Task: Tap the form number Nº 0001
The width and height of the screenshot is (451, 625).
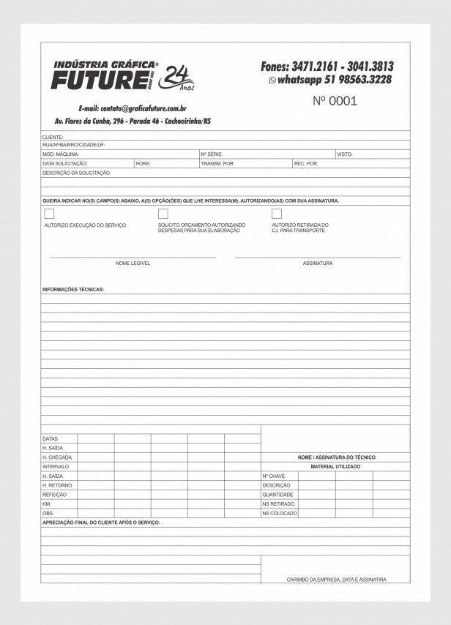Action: click(335, 101)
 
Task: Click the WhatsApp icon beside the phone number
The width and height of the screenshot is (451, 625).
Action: click(272, 81)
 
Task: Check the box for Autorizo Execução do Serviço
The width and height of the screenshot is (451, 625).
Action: click(49, 214)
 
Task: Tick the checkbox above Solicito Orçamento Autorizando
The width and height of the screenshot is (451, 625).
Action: click(163, 214)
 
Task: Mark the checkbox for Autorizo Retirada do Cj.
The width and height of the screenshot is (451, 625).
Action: click(277, 214)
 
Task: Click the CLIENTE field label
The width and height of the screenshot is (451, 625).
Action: click(53, 137)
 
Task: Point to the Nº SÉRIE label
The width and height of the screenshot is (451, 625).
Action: click(212, 154)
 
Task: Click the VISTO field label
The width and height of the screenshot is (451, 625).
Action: click(344, 154)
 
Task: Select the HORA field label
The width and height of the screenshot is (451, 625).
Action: click(143, 163)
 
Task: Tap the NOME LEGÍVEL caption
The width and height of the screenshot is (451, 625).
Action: click(133, 263)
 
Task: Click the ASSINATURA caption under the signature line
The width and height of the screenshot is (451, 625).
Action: click(318, 263)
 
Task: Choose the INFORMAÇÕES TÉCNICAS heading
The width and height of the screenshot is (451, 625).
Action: click(73, 289)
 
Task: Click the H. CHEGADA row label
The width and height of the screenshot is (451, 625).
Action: click(57, 457)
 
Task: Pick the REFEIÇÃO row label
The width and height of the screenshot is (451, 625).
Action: click(55, 495)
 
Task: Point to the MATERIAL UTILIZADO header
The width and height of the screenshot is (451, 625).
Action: click(335, 466)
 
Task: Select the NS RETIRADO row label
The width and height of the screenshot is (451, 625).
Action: click(278, 504)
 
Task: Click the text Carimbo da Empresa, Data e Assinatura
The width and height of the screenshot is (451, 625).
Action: click(336, 579)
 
